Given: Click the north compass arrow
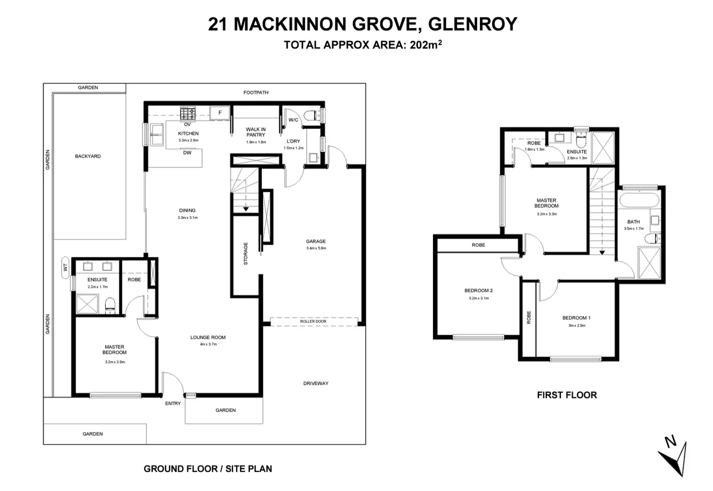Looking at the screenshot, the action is [x=674, y=457].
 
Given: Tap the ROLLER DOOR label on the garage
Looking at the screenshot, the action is [x=313, y=321].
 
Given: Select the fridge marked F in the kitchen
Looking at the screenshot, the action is [x=220, y=113].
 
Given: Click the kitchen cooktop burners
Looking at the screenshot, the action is [x=187, y=113].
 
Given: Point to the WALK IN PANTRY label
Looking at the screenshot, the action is [x=256, y=132].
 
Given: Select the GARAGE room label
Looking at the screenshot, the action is [x=316, y=241].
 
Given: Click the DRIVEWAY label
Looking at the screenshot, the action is [x=316, y=383].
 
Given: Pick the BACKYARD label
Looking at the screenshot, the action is [x=88, y=157].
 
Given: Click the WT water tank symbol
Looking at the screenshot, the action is [x=65, y=267].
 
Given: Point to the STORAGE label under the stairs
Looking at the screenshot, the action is [x=246, y=253].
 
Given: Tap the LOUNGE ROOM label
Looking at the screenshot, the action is [x=208, y=337].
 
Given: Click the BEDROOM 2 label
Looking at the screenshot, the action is [x=478, y=291].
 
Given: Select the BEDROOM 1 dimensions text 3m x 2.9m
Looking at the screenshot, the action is [x=576, y=326].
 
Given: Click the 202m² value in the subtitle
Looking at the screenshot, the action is [x=426, y=45].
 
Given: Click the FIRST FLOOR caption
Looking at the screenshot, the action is [x=567, y=395].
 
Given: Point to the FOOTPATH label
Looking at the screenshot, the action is [x=256, y=93].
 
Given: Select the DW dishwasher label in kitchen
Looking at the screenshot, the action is [x=187, y=153].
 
